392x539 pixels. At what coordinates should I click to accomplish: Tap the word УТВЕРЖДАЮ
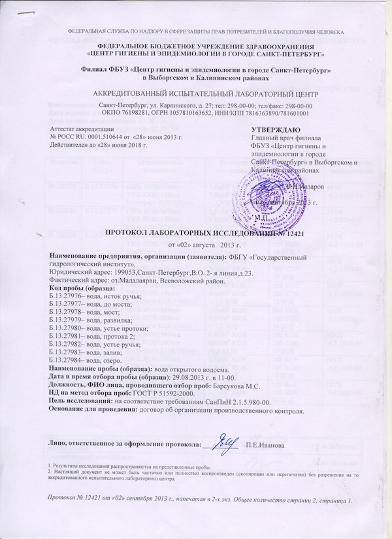[276, 130]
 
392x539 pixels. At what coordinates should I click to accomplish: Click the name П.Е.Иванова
[265, 445]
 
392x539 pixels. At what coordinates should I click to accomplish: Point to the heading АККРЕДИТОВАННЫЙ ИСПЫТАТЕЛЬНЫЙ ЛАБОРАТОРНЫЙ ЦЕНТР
[195, 93]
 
